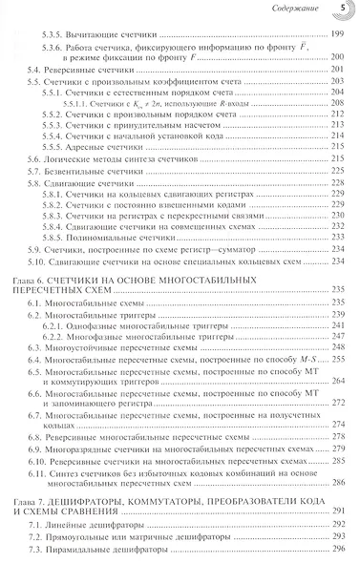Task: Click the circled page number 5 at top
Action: click(343, 11)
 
